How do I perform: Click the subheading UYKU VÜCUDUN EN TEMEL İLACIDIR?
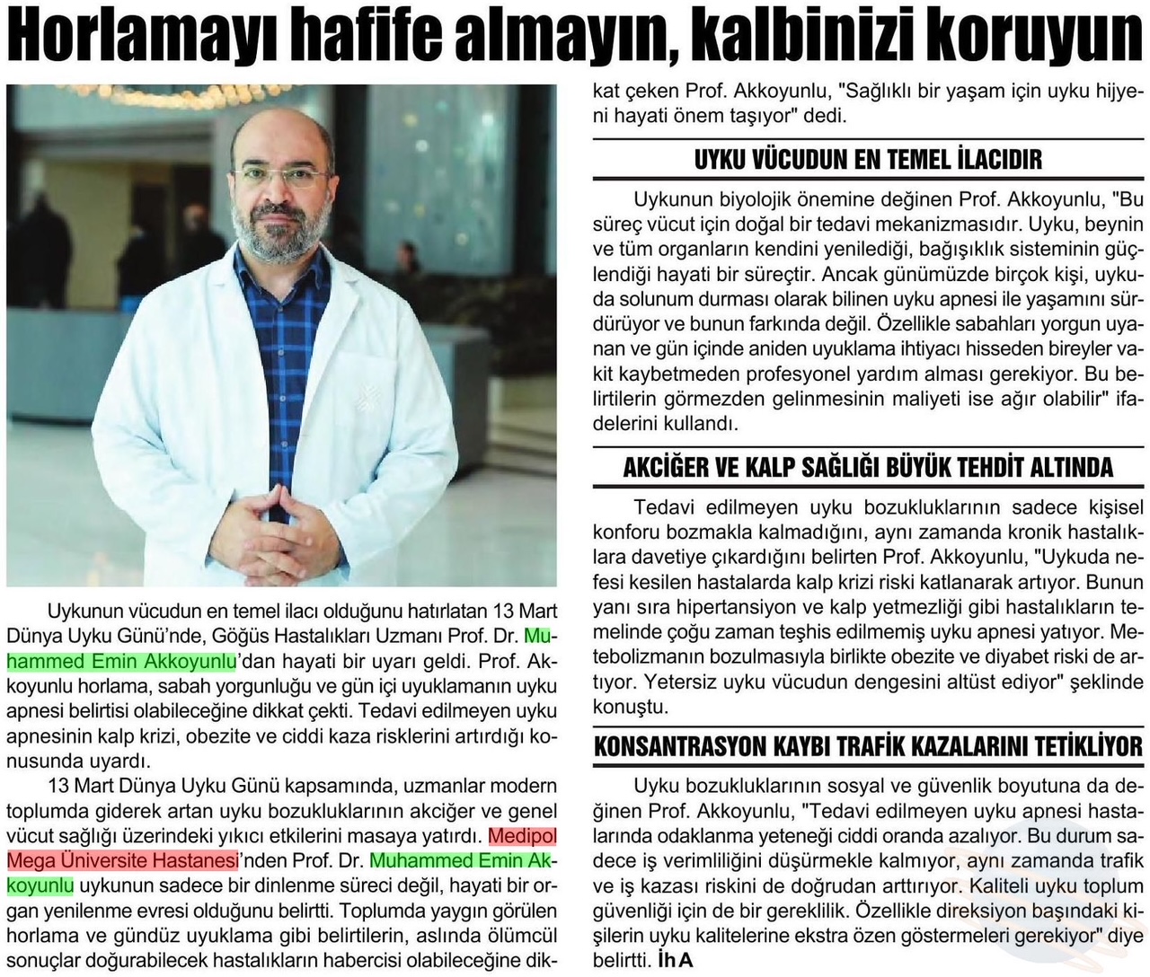click(x=868, y=160)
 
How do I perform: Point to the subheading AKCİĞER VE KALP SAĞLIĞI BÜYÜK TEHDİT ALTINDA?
click(x=868, y=467)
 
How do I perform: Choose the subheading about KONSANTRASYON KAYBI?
click(x=868, y=746)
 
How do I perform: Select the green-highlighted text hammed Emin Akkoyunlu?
click(x=121, y=663)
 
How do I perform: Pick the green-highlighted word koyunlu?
click(x=40, y=885)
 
